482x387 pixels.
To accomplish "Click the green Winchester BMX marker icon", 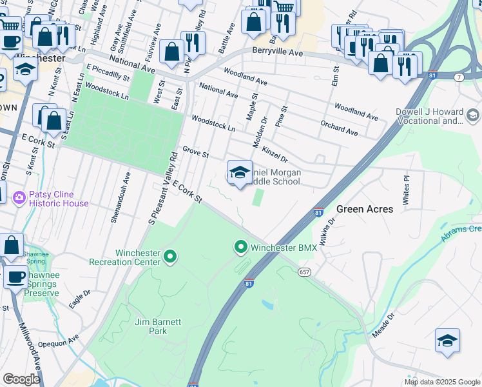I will pos(241,247).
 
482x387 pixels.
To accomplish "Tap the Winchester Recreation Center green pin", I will pos(170,257).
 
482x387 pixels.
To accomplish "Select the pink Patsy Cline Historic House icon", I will pos(19,197).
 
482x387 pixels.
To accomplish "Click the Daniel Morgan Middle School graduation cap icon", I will pos(240,173).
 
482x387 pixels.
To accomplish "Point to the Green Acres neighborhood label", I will pos(365,209).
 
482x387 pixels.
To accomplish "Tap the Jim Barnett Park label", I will pos(151,326).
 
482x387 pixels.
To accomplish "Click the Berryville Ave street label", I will pos(277,52).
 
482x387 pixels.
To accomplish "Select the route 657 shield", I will pos(304,273).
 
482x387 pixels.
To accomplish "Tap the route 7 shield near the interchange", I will pos(459,77).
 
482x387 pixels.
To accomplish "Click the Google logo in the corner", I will pos(21,379).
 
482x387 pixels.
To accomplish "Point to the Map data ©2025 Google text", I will pos(442,382).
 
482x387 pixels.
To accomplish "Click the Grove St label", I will pos(196,153).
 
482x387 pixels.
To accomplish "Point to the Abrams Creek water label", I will pos(461,233).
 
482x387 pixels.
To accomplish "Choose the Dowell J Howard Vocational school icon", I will pos(472,115).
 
